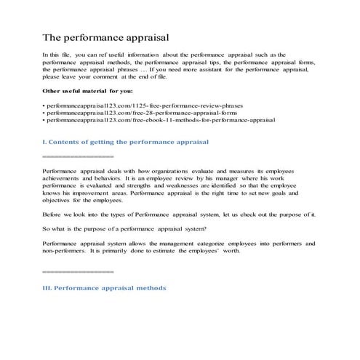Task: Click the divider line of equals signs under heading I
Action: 78,156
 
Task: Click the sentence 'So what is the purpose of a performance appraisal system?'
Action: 121,228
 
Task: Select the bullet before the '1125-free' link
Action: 44,105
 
